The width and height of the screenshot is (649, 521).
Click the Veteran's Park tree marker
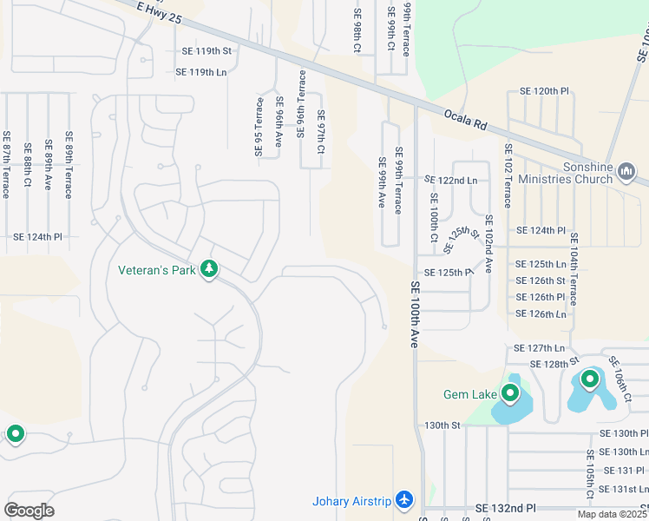(208, 269)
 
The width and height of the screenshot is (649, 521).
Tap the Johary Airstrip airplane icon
(403, 500)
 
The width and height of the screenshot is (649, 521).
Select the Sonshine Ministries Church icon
(625, 173)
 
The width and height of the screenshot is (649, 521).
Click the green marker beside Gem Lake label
(510, 393)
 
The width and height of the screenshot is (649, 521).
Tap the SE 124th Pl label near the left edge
(38, 236)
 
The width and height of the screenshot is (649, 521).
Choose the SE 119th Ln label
(200, 72)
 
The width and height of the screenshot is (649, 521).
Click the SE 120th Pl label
(544, 91)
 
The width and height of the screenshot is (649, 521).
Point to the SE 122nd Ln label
(450, 181)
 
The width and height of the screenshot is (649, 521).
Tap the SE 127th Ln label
(539, 347)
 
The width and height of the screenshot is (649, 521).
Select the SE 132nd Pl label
(507, 507)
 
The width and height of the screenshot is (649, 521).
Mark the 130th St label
(442, 425)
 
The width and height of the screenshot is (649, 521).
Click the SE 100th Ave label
(415, 315)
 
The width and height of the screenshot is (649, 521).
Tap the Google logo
(29, 510)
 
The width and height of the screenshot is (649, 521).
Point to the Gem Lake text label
(469, 394)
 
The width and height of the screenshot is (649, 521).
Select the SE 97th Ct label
(320, 132)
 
